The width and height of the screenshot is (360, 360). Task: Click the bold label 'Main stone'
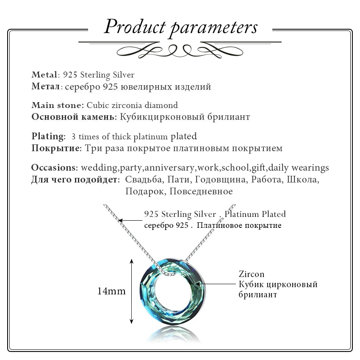coord(57,105)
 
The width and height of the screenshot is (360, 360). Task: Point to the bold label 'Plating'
coord(48,136)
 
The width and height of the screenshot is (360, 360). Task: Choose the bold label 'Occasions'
coord(54,167)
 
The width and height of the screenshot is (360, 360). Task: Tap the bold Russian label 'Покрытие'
coord(55,148)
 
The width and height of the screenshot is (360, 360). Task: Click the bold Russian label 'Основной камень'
coord(73,116)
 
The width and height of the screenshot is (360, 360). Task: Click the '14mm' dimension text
coord(112,291)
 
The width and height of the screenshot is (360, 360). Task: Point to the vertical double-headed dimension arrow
coord(132,291)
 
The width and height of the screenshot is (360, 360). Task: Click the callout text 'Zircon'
coord(252,274)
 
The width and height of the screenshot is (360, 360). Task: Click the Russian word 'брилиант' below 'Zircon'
coord(258,294)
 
